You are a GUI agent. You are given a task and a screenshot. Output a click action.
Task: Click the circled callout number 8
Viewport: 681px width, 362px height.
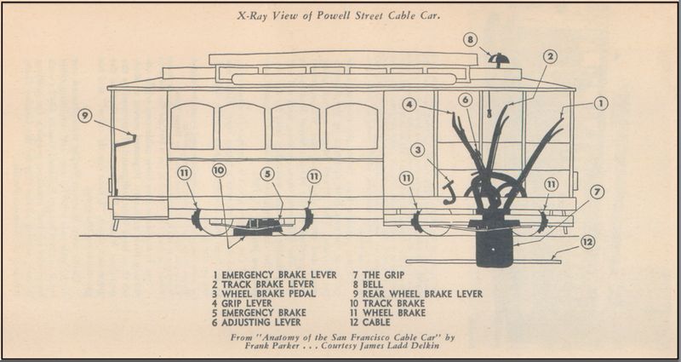click(470, 39)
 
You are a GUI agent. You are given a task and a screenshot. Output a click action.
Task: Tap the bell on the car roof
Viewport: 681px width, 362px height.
click(499, 60)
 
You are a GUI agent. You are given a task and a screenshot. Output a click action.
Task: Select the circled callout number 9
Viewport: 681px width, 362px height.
click(83, 116)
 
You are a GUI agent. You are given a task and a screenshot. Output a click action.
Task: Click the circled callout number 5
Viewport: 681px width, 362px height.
click(267, 174)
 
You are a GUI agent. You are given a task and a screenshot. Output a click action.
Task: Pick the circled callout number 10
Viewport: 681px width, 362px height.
click(219, 170)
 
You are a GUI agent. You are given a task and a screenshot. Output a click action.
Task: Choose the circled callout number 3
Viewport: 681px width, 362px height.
click(417, 150)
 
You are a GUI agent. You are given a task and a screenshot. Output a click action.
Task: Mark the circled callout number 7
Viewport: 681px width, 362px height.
click(597, 192)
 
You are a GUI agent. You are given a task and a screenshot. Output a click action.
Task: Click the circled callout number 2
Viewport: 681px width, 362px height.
click(551, 56)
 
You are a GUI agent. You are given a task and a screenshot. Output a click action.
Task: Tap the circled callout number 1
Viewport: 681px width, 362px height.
click(600, 103)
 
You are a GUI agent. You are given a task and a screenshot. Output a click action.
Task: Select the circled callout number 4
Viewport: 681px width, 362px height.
click(410, 106)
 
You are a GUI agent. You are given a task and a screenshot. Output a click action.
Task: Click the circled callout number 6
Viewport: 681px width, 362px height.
click(465, 100)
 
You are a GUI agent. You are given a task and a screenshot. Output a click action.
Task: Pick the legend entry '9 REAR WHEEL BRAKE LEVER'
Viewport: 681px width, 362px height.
click(416, 294)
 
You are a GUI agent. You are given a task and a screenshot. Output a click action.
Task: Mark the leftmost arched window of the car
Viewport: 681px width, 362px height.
click(192, 126)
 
